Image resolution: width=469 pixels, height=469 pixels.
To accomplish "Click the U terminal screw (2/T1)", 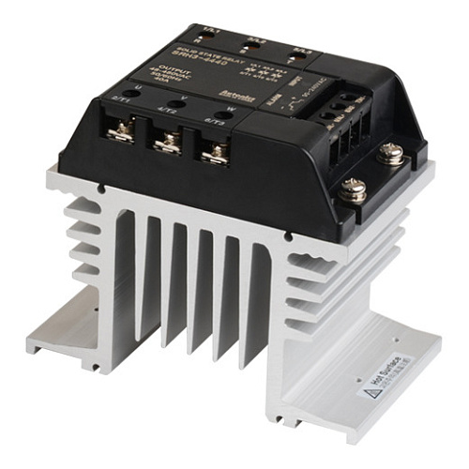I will coord(119,133).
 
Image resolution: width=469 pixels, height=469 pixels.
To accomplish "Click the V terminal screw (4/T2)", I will coord(167,142).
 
